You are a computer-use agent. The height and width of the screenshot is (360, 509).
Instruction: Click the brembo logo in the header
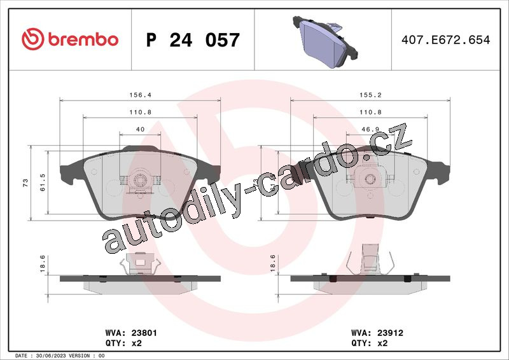[70, 39]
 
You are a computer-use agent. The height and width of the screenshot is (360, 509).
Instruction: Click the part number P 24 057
[193, 40]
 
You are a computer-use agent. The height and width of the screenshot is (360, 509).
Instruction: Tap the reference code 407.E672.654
[446, 39]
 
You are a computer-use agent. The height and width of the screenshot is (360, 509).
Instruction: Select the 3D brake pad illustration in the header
[325, 41]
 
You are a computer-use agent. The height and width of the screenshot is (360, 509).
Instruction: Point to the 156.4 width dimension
[140, 95]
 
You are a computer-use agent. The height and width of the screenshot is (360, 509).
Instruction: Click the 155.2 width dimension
[370, 95]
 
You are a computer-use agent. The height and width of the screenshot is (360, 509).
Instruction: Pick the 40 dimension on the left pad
[140, 129]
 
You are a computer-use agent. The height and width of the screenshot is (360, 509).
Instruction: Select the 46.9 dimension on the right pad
[370, 129]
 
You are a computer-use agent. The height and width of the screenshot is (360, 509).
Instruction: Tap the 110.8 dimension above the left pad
[140, 112]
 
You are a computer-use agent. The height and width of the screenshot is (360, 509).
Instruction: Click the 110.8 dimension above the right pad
[370, 112]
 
